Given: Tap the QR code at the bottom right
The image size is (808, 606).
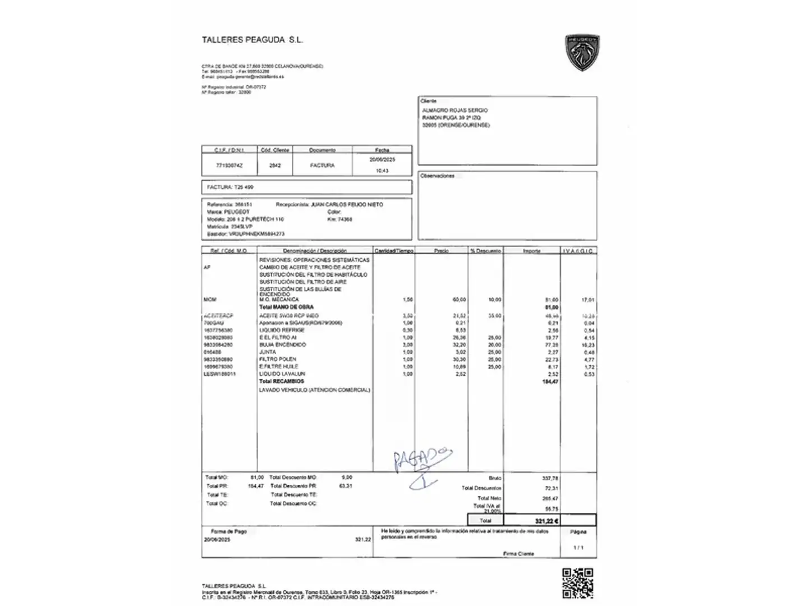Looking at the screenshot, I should (x=577, y=583).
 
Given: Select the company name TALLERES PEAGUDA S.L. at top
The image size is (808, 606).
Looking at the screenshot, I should (x=252, y=40).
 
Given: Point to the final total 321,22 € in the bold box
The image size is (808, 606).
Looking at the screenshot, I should (x=546, y=521).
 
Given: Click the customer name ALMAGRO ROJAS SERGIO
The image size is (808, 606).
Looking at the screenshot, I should (x=454, y=111).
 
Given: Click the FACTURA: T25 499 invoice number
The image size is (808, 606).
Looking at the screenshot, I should (x=230, y=187).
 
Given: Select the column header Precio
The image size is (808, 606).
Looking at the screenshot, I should (x=441, y=251).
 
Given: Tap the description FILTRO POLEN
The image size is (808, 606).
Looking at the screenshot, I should (x=278, y=359).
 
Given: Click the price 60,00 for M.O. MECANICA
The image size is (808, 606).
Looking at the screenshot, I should (x=459, y=300).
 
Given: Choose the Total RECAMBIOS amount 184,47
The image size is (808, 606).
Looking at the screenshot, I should (x=549, y=382).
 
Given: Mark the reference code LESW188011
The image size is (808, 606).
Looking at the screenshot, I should (x=220, y=374).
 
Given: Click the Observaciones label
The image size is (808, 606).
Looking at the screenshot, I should (x=437, y=176).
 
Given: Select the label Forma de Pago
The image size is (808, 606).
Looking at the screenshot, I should (x=228, y=531).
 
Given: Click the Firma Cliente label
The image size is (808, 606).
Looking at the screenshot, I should (x=518, y=554).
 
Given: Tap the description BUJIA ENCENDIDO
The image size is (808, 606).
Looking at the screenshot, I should (x=283, y=345).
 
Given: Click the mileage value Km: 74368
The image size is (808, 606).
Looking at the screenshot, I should (x=339, y=219).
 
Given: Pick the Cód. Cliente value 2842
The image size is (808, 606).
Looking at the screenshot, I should (x=274, y=166).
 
